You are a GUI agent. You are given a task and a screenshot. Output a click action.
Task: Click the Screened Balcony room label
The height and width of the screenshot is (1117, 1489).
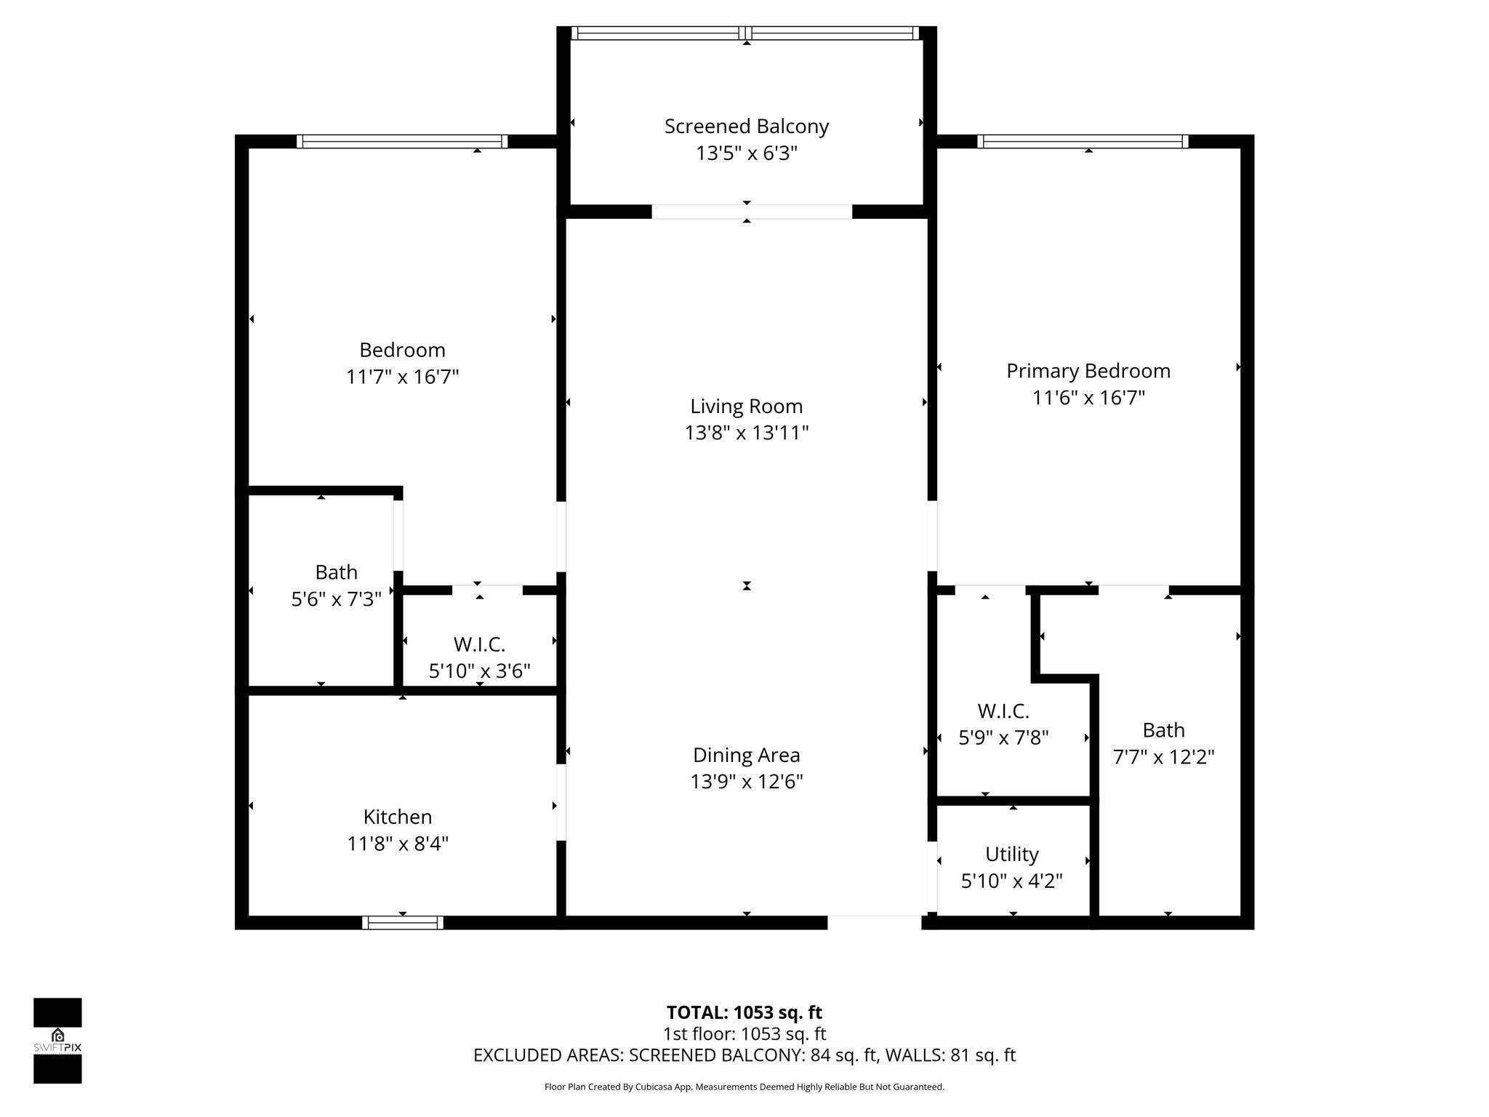(746, 127)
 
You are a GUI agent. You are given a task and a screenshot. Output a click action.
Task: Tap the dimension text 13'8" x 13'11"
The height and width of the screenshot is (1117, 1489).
(746, 433)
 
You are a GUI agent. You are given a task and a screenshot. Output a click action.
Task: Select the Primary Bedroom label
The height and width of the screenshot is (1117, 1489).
(1088, 371)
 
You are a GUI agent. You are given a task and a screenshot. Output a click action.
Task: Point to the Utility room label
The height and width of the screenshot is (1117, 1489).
(1011, 854)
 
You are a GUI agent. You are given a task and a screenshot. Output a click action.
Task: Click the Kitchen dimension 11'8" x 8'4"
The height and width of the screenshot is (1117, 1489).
(398, 844)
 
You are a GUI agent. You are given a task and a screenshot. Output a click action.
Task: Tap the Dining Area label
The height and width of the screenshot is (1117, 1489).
(746, 755)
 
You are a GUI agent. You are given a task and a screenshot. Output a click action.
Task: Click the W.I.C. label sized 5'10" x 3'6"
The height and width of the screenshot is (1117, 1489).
(479, 644)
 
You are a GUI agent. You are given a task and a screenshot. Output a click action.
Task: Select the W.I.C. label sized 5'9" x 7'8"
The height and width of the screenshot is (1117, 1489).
(1003, 710)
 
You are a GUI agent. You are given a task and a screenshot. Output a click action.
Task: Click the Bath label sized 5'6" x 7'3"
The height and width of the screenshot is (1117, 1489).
(336, 572)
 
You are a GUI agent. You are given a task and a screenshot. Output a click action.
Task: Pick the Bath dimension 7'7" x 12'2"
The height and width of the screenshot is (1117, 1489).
(1163, 757)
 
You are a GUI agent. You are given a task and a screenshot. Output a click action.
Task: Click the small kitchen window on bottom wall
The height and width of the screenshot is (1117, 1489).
(402, 923)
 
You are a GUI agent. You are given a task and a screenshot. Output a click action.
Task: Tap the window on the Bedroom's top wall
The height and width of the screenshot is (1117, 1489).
(402, 141)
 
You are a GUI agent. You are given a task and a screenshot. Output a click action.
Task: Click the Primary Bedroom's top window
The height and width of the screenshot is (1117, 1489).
(1083, 141)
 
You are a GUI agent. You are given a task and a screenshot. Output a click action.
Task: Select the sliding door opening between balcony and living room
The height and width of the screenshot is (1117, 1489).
(751, 212)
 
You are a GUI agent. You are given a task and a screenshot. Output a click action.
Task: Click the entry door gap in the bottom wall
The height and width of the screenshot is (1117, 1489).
(874, 922)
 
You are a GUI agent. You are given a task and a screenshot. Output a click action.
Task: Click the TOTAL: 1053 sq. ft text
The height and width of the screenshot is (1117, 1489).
(744, 1012)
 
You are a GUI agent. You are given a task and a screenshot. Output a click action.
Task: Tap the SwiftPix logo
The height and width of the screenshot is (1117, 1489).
(57, 1040)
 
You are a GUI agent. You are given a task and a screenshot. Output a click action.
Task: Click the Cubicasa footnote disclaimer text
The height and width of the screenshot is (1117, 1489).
(744, 1087)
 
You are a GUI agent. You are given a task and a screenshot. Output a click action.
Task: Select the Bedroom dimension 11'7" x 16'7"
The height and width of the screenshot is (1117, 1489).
(402, 377)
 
